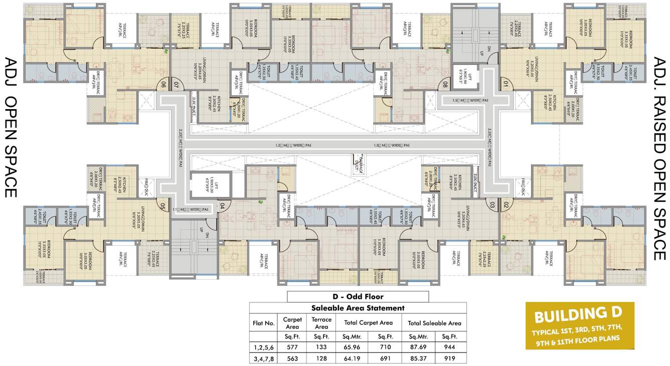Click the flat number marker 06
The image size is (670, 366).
[162, 85]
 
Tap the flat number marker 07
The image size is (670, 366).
[176, 85]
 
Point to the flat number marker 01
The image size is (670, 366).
[505, 85]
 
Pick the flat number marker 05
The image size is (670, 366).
[162, 205]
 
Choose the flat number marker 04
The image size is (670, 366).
[223, 205]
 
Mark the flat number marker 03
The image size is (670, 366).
[492, 205]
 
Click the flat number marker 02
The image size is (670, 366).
[506, 205]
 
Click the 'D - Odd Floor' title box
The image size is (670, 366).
[358, 296]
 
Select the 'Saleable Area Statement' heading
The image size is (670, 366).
[358, 308]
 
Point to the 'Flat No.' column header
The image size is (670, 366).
[264, 323]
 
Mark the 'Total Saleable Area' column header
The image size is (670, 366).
[434, 323]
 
